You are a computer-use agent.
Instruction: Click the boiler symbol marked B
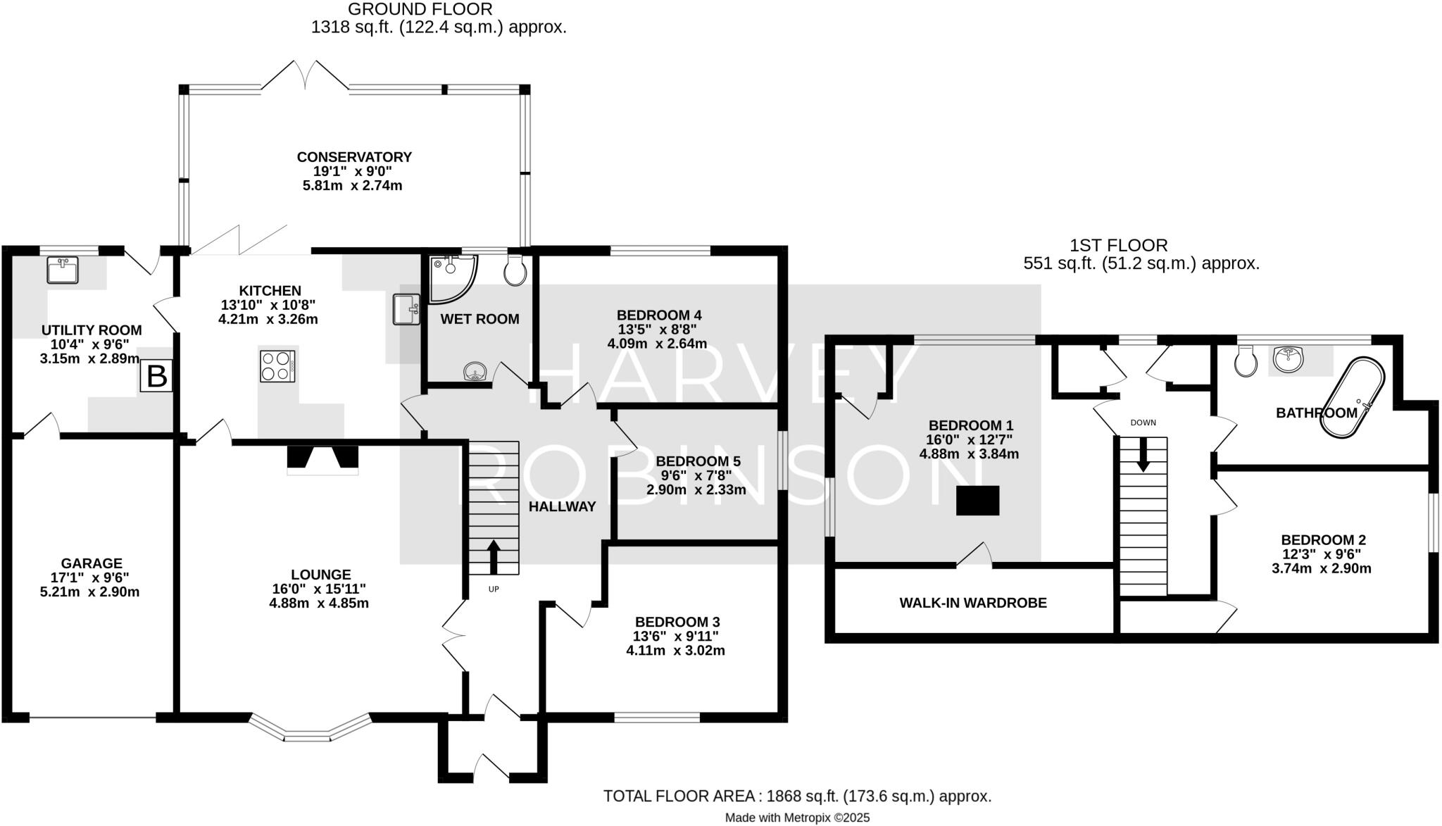[x=156, y=376]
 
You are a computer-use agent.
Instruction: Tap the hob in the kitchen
[x=277, y=366]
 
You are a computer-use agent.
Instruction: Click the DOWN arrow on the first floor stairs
[x=1143, y=454]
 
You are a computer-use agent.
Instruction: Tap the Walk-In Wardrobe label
[x=973, y=603]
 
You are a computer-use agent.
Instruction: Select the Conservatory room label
[x=354, y=157]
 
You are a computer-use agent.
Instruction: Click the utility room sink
[x=63, y=270]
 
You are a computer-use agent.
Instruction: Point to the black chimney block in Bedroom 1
[x=977, y=501]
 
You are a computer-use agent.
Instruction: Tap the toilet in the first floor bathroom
[x=1246, y=363]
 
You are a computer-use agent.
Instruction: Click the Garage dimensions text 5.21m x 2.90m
[x=90, y=592]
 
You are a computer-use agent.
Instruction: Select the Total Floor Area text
[x=797, y=796]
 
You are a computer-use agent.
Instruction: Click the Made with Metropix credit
[x=797, y=818]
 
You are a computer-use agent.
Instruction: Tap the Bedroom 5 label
[x=697, y=461]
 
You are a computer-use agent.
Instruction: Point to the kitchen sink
[x=407, y=310]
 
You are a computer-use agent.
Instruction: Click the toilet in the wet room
[x=515, y=270]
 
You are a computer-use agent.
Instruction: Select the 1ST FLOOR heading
[x=1118, y=245]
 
